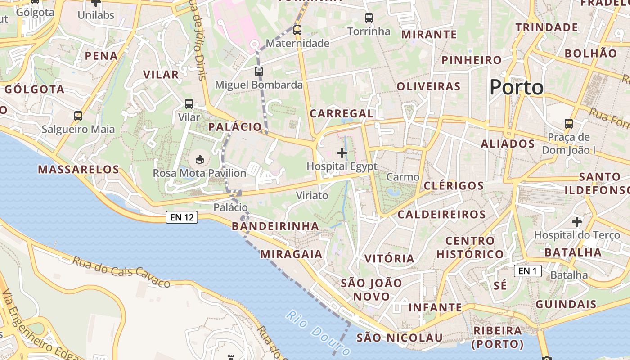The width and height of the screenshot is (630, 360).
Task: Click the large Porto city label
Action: tap(516, 87)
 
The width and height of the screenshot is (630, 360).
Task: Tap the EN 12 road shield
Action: tap(182, 217)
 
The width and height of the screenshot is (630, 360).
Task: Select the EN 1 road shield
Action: tap(527, 271)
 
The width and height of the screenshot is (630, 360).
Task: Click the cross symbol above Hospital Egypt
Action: tap(342, 153)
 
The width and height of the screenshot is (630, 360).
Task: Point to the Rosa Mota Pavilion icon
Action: tap(199, 159)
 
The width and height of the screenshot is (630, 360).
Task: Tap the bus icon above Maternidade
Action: tap(297, 30)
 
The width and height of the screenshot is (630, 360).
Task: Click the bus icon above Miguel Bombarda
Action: tap(258, 71)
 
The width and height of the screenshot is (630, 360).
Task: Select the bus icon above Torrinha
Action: tap(369, 18)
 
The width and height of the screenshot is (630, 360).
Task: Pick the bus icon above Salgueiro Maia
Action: tap(78, 116)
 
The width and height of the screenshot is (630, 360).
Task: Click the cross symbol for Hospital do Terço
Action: tap(577, 222)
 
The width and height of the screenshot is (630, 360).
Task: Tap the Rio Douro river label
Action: tap(318, 333)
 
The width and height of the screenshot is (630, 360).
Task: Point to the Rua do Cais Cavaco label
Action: tap(121, 272)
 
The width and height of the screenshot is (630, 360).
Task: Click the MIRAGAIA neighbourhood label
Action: tap(292, 254)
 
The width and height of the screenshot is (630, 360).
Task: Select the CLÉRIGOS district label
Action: tap(454, 185)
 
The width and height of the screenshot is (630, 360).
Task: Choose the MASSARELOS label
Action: tap(79, 170)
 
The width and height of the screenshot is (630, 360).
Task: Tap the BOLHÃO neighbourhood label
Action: tap(591, 53)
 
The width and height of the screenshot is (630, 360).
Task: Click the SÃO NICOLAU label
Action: tap(400, 337)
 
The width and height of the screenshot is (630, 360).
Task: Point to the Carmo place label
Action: tap(403, 177)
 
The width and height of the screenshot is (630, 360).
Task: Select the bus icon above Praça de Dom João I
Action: tap(569, 123)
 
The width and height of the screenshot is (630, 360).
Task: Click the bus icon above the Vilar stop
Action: tap(189, 104)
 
